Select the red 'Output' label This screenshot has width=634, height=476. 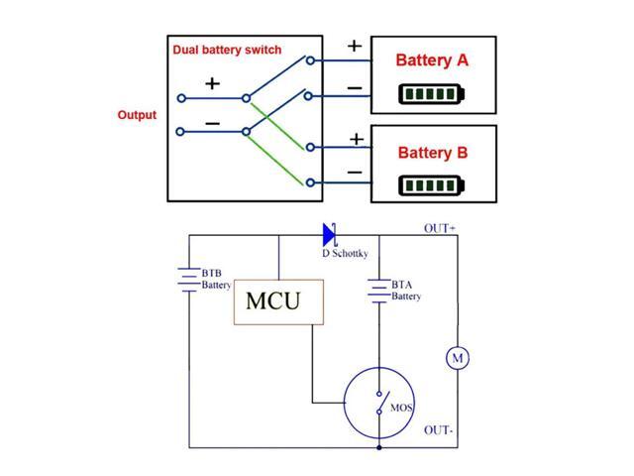coord(137,115)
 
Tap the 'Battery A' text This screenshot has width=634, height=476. coord(431,60)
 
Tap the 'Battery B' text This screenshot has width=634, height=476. coord(432,153)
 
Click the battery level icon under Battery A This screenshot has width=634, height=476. coord(431,94)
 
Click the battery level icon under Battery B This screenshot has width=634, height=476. coord(431,185)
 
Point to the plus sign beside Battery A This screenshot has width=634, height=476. coord(355,46)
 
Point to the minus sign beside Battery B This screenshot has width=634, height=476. coord(355,173)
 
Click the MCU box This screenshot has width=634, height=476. coord(278,300)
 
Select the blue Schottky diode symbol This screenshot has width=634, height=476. coord(330,235)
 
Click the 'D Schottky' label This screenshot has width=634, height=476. coord(345,255)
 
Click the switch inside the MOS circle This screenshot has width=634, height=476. coord(378,405)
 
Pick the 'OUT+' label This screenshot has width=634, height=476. coord(440,228)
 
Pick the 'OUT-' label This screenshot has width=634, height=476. coord(439,430)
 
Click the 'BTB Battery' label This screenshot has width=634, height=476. coord(216,279)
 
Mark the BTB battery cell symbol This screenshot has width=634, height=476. coord(188,280)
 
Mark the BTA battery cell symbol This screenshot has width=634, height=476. coord(378,290)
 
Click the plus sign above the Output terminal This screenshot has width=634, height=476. coord(212,83)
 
